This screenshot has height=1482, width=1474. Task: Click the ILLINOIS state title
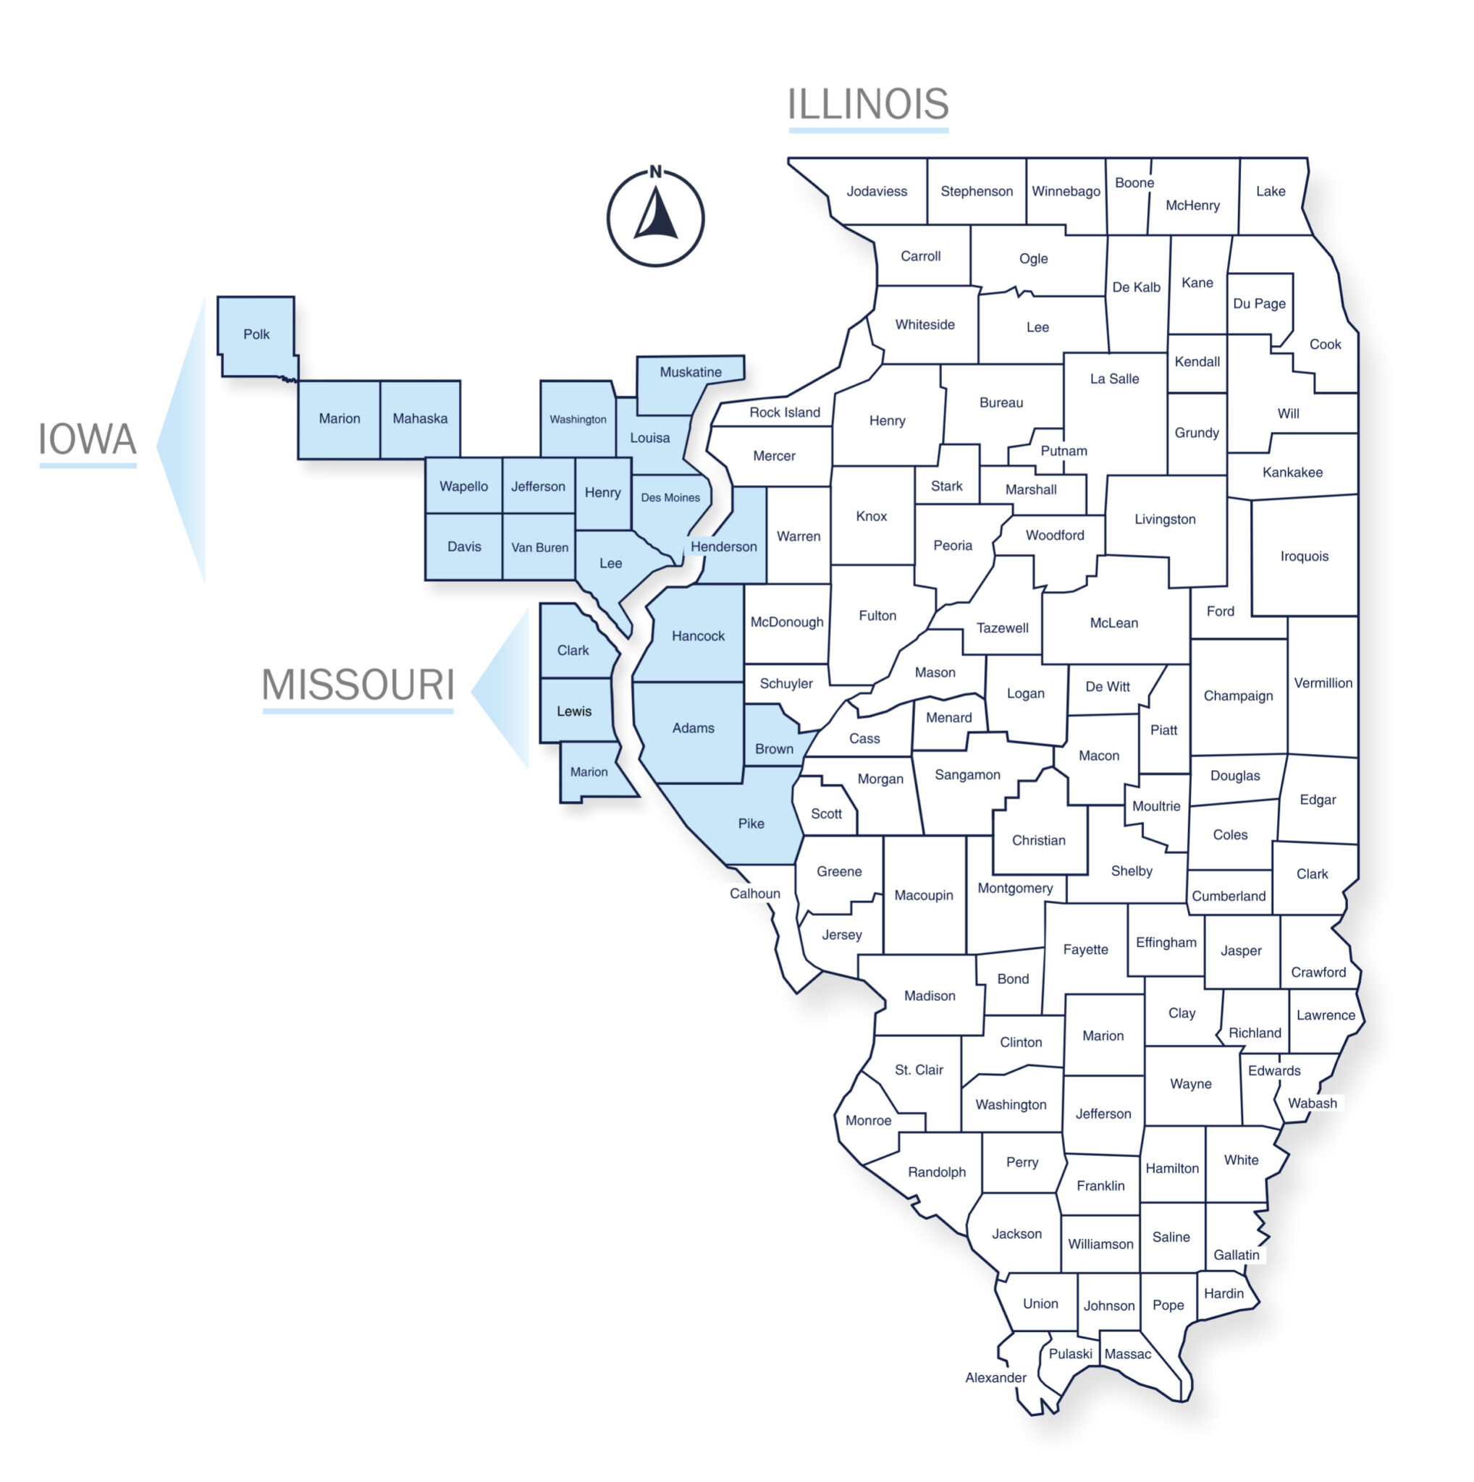pos(868,104)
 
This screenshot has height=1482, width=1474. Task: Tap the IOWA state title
pos(88,439)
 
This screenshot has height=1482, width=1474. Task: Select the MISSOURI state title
pos(358,685)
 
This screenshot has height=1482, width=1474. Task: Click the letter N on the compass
pos(655,172)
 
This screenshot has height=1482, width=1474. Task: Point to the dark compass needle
pos(657,216)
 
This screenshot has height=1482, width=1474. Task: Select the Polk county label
pos(256,334)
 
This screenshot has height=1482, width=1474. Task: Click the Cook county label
pos(1324,344)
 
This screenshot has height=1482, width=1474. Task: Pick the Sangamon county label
pos(966,775)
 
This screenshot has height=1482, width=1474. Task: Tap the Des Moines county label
pos(670,498)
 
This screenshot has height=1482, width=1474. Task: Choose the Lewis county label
pos(574,711)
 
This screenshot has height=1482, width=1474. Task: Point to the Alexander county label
pos(995,1378)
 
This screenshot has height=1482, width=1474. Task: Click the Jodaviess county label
pos(876,191)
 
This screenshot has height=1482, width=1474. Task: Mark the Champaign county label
pos(1238,695)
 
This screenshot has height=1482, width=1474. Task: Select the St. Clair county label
pos(919,1070)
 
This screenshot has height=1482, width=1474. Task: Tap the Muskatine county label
pos(691,372)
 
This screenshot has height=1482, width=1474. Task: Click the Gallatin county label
pos(1236,1255)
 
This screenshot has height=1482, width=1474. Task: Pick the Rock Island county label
pos(784,412)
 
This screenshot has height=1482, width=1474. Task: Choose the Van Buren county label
pos(539,548)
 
